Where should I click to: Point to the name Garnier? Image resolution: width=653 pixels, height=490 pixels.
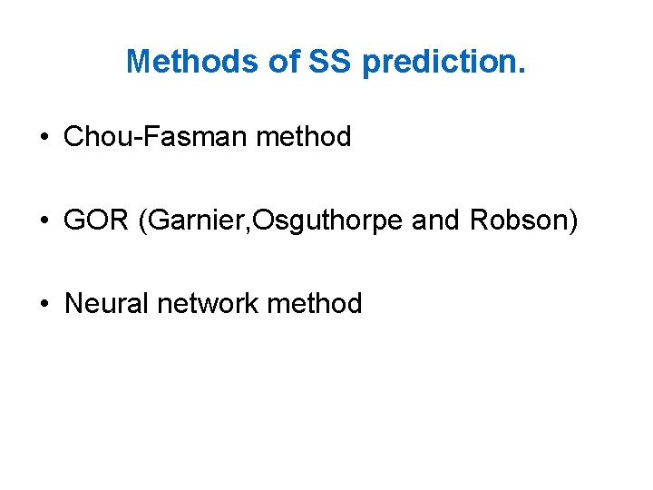(185, 221)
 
